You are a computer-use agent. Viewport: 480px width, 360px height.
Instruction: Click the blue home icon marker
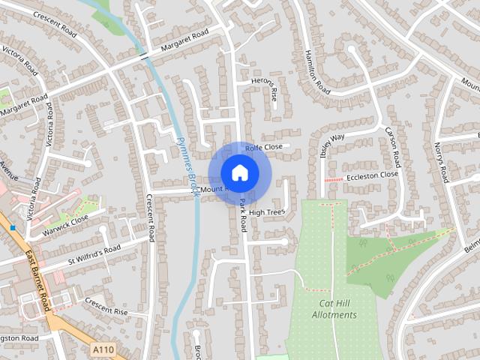click(239, 172)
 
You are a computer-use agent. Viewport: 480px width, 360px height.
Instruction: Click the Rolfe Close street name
click(263, 147)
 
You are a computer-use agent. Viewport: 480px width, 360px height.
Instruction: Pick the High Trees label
click(266, 213)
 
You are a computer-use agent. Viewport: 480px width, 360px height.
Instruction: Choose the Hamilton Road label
click(318, 72)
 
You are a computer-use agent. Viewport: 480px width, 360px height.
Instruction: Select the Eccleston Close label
click(371, 175)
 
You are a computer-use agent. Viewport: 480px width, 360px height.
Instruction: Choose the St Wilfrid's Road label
click(94, 254)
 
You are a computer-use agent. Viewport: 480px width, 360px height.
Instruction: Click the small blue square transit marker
click(13, 227)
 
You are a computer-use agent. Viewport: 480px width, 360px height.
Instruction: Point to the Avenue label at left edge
click(7, 170)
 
